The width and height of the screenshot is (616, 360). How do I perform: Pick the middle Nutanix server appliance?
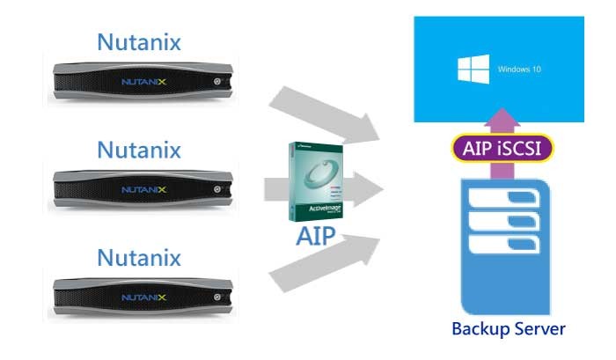point(141,188)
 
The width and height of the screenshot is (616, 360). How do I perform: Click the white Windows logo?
point(472,70)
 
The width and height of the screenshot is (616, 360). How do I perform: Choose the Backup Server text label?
point(508,329)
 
